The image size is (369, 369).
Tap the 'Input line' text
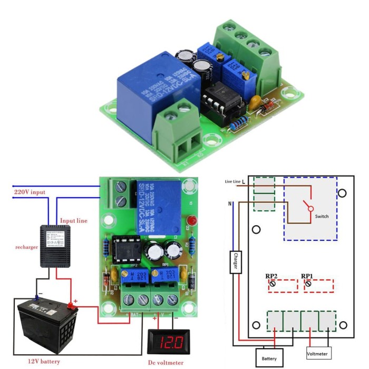74,220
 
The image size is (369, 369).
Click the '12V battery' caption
44,362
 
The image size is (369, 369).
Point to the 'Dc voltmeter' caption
166,363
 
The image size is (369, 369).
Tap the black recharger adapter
55,246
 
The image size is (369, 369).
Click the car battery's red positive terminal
69,305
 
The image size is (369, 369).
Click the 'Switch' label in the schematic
322,216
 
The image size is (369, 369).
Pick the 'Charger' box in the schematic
235,261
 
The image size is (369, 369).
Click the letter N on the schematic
230,203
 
